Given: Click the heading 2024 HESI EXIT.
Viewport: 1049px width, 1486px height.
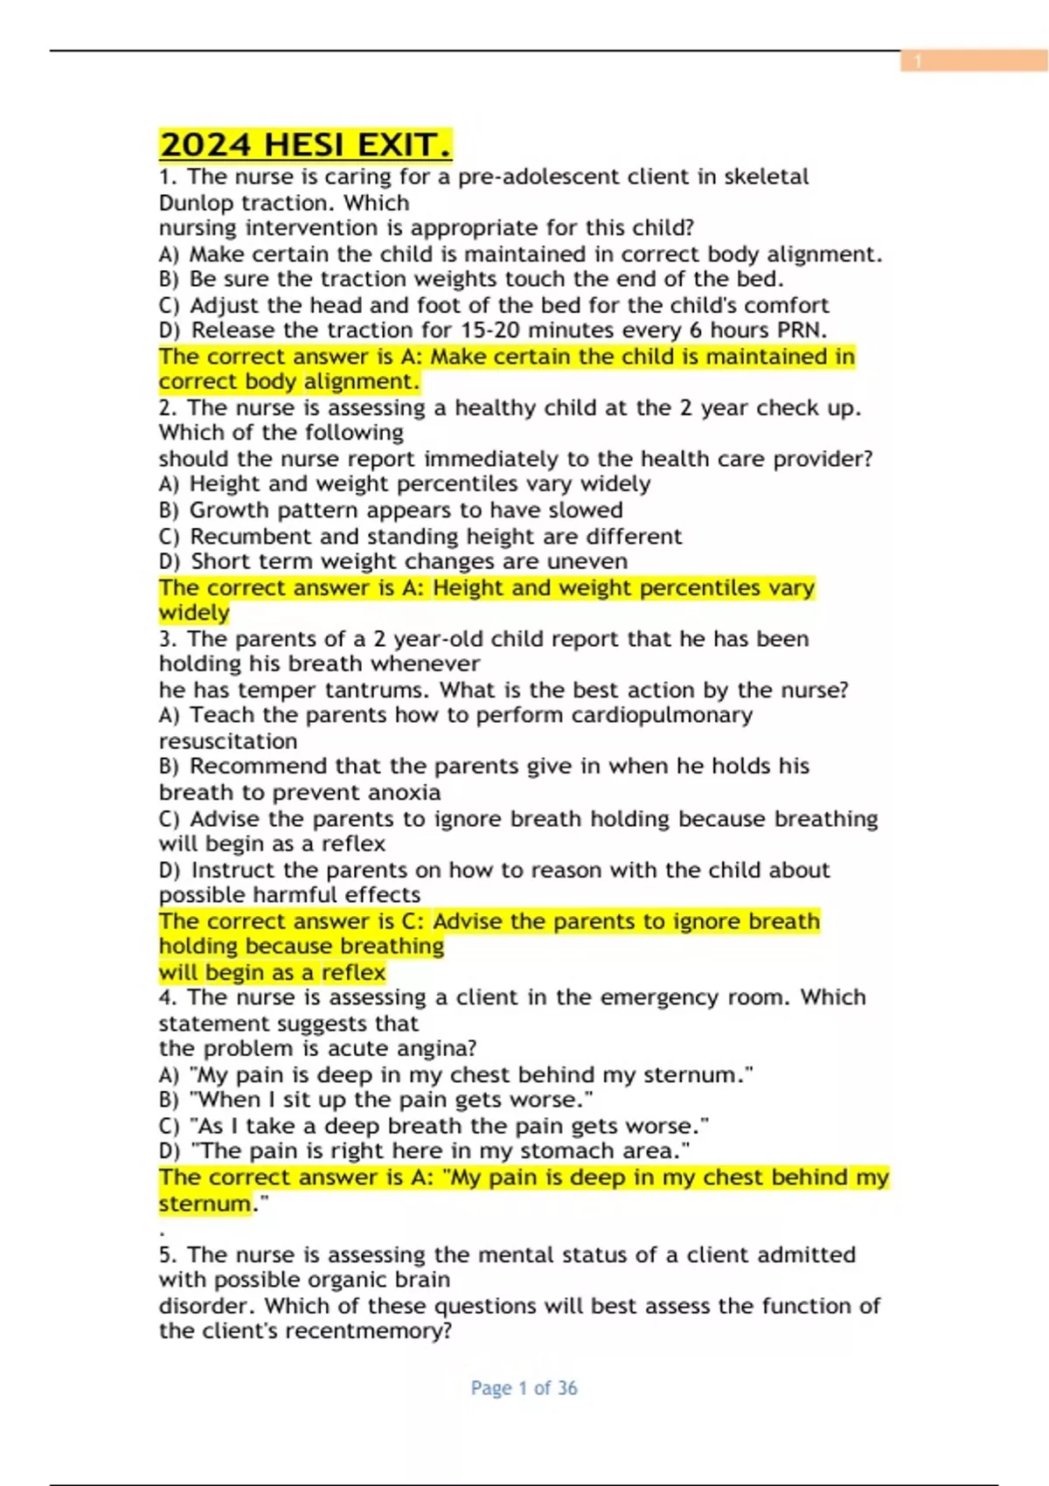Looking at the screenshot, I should [305, 145].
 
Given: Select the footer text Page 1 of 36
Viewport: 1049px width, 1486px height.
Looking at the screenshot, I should [524, 1388].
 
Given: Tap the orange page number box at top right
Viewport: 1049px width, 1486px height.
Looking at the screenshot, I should [974, 60].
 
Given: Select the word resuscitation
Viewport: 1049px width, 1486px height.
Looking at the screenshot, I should [228, 741].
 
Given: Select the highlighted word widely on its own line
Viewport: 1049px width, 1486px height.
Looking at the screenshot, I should [194, 614].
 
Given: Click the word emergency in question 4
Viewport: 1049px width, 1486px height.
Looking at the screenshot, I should [646, 997].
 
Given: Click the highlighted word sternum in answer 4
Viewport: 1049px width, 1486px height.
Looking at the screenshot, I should [205, 1204].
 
